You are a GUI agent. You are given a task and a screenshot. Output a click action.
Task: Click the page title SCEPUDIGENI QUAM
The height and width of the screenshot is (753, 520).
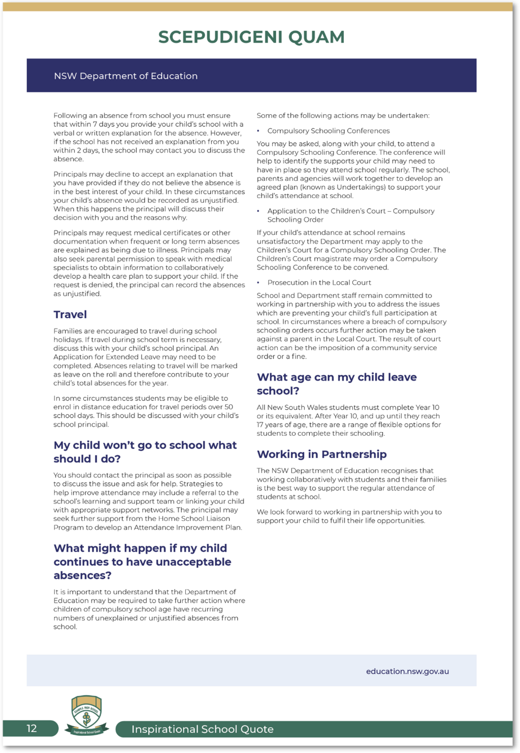coord(251,37)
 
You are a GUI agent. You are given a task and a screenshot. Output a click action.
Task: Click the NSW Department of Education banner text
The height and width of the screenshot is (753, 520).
coord(125,76)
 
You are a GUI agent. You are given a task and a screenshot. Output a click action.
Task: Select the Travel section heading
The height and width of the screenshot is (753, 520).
coord(70,315)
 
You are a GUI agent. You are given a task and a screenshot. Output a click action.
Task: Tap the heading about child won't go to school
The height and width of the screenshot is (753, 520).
coord(145,452)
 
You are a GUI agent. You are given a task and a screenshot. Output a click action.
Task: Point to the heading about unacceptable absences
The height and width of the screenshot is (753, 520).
coord(142,562)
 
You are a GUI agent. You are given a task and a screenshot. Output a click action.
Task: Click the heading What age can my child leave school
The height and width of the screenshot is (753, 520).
coord(336,384)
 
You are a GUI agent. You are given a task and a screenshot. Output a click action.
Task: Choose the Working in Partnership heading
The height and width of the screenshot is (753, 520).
coord(321,454)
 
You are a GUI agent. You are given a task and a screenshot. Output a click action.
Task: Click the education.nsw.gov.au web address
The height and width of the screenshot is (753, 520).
coord(407,671)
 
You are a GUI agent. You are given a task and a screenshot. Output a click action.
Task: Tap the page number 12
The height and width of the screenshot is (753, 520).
coord(31,729)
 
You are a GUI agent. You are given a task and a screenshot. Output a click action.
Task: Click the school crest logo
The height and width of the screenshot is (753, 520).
coord(87,715)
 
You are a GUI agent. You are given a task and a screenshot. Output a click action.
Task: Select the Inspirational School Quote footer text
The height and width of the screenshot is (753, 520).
coord(202,729)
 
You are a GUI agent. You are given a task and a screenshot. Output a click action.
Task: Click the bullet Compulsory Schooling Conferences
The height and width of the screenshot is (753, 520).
coord(329,131)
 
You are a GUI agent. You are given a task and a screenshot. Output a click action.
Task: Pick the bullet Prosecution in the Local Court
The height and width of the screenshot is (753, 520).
coord(319,283)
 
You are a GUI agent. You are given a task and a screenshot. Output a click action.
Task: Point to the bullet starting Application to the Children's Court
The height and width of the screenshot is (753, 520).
coord(350,215)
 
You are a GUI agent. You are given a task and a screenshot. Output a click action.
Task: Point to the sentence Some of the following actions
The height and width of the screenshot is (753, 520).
coord(343,116)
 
